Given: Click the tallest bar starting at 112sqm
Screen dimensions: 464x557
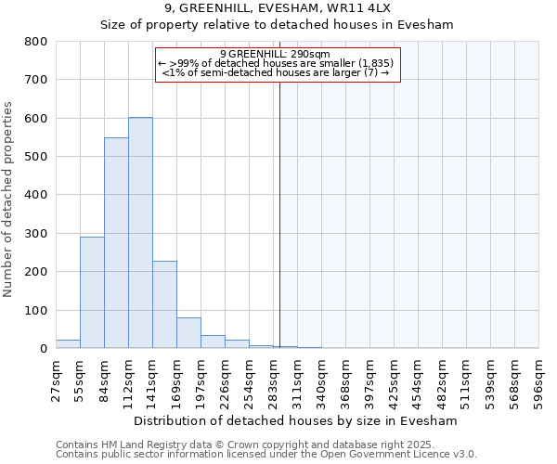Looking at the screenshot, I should tap(140, 233).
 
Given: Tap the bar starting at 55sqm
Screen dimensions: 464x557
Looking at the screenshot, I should tap(92, 292).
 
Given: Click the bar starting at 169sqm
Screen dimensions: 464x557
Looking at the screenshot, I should tap(188, 333).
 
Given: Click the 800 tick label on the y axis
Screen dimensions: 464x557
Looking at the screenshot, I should tap(36, 42).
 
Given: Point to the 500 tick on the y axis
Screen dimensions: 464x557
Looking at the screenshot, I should tap(36, 157).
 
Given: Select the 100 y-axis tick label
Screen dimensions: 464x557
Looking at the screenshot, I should tap(36, 310).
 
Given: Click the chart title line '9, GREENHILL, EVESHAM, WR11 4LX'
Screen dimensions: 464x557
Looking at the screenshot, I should tap(278, 8).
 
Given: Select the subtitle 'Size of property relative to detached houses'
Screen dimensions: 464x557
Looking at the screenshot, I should tap(278, 25).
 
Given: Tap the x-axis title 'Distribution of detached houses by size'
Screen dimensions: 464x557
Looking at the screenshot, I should tap(296, 420).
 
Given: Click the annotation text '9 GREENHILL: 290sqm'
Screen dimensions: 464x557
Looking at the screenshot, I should tap(276, 54).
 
